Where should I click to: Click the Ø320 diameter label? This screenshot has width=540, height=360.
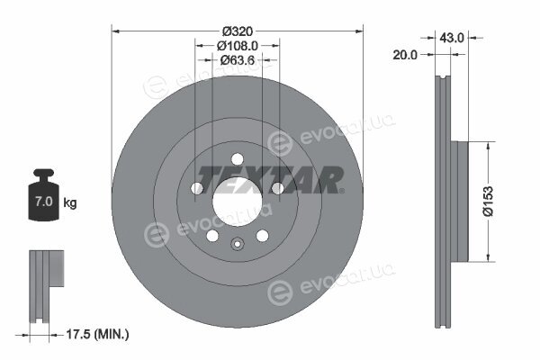238,31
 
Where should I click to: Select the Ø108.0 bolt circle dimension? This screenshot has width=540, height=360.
238,46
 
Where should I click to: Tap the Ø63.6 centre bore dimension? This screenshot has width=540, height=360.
238,60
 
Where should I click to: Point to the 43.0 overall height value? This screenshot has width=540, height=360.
452,38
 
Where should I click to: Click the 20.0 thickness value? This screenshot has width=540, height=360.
405,54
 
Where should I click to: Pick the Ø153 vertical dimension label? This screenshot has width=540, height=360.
488,202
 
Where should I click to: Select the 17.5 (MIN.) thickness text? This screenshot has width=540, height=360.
97,334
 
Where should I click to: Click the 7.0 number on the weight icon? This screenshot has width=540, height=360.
44,202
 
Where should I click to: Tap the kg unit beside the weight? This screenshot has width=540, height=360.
70,202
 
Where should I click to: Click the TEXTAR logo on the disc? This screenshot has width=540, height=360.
270,180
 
